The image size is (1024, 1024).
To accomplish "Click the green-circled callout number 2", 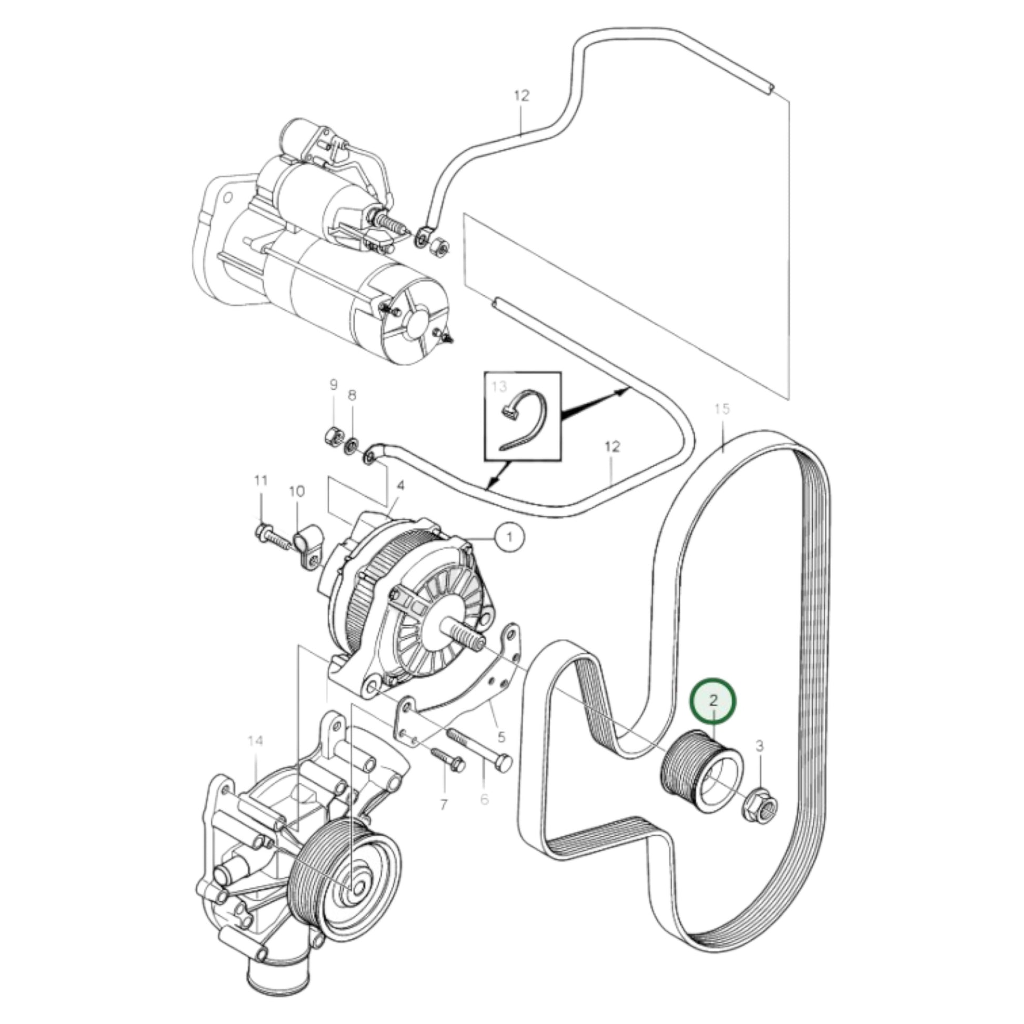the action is point(713,700).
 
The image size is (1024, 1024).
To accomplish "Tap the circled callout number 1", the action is point(509,537).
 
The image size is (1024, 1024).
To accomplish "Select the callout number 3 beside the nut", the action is point(759,746).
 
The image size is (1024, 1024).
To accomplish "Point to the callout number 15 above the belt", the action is point(721,409).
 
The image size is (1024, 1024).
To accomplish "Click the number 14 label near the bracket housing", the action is point(255,740).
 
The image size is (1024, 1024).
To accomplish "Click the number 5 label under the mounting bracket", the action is point(501,736).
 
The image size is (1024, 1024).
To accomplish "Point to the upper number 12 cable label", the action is point(521,96).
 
